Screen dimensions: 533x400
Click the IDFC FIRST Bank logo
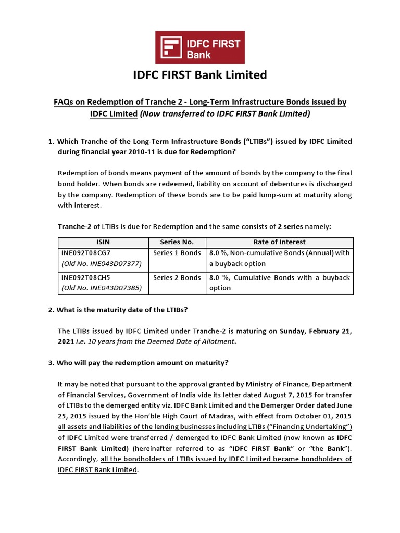[200, 47]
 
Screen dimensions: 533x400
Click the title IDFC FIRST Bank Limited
[200, 75]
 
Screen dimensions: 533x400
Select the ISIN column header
[103, 242]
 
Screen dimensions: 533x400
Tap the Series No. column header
[177, 242]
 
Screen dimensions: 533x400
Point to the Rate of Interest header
[279, 242]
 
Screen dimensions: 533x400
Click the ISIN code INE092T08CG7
[86, 253]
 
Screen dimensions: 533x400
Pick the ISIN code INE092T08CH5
[86, 277]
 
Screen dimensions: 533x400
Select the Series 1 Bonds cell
[177, 253]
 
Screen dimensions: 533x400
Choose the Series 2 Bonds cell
[177, 277]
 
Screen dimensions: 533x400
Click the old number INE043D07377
[102, 264]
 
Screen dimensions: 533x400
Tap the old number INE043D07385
[102, 288]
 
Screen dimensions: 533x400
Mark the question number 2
[51, 310]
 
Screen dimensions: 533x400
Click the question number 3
[51, 363]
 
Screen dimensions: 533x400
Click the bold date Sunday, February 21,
[316, 331]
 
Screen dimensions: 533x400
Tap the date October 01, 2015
[326, 416]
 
